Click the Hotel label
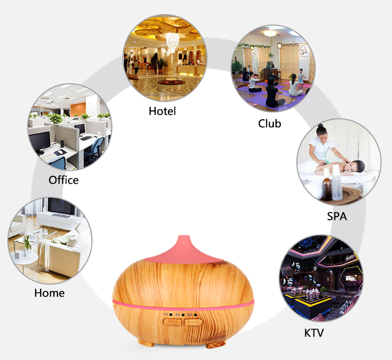click(x=162, y=111)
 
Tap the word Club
click(x=270, y=123)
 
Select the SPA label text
click(x=337, y=216)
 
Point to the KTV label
click(x=314, y=333)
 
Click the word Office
click(x=63, y=180)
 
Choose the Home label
click(x=50, y=293)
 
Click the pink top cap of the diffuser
click(x=184, y=250)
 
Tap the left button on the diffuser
click(x=172, y=322)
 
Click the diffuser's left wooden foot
click(x=146, y=343)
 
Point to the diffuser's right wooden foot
click(x=215, y=344)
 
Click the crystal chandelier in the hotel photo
click(x=172, y=42)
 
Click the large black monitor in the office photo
click(x=40, y=142)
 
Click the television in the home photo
click(x=61, y=207)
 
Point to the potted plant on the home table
click(x=27, y=246)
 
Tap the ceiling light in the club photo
click(x=270, y=33)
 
